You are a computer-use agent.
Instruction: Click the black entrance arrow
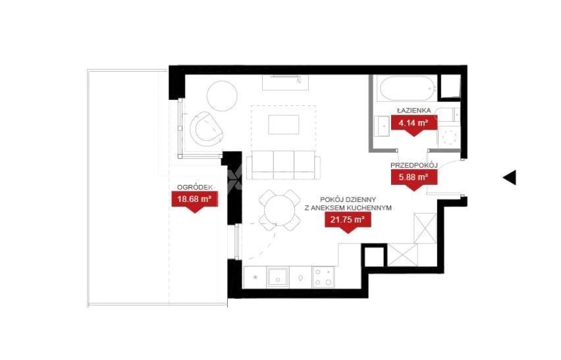(510, 177)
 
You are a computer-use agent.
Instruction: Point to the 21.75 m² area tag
(348, 222)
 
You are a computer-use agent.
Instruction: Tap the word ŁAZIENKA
(414, 111)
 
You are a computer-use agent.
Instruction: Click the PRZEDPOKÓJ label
(414, 165)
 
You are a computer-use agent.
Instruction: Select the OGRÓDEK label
(195, 187)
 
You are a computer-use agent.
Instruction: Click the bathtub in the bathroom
(408, 88)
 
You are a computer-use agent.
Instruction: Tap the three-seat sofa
(284, 165)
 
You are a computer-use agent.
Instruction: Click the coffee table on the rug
(284, 125)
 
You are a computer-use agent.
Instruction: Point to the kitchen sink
(278, 278)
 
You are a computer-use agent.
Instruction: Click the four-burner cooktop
(323, 278)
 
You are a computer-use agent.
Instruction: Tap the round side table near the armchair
(222, 96)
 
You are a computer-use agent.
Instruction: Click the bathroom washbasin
(382, 126)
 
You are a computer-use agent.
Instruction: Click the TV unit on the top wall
(285, 82)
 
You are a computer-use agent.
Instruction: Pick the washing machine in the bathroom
(448, 136)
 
